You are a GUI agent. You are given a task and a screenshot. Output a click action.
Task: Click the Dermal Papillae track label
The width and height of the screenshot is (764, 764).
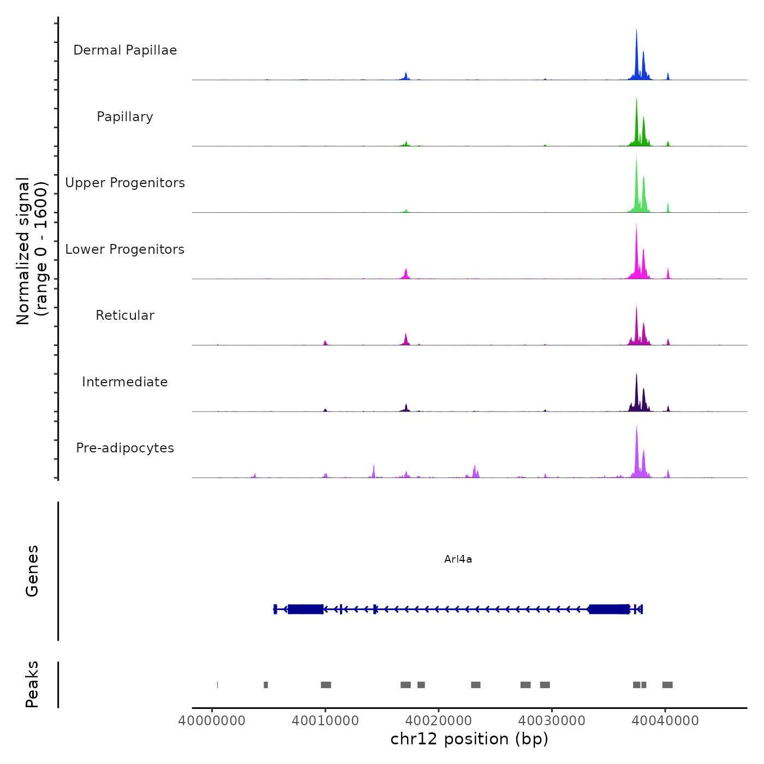click(125, 50)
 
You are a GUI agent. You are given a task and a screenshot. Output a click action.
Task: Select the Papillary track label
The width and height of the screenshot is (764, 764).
click(125, 117)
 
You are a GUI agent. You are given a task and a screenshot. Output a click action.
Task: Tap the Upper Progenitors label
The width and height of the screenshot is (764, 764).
click(125, 183)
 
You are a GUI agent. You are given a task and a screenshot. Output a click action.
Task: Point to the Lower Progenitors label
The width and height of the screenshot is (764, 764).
click(125, 249)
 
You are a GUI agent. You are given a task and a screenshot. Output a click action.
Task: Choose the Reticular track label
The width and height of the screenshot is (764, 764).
click(125, 315)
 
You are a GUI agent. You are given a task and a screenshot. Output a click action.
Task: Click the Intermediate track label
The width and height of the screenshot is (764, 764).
click(125, 382)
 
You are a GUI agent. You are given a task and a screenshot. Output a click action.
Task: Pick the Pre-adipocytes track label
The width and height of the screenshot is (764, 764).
click(125, 448)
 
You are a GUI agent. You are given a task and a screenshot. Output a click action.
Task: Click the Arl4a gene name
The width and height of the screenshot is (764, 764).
click(458, 559)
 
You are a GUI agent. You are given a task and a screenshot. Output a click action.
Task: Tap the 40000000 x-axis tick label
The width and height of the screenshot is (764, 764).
click(212, 721)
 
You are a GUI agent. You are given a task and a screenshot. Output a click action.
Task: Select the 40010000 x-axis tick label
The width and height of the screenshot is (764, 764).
click(325, 721)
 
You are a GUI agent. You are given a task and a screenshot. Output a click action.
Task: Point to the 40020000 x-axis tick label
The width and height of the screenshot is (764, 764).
click(439, 721)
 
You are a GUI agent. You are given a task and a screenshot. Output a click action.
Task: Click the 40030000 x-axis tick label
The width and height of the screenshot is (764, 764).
click(552, 721)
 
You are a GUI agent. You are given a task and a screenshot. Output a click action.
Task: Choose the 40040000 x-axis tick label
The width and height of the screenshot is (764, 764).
click(665, 721)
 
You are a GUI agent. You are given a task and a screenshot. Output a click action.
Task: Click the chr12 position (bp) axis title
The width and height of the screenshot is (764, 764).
click(469, 739)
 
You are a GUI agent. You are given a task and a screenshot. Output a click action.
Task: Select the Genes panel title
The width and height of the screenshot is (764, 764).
click(32, 571)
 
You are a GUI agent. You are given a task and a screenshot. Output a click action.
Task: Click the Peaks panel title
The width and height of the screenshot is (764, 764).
click(32, 684)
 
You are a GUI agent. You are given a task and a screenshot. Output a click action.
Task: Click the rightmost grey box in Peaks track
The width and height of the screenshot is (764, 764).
click(667, 685)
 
